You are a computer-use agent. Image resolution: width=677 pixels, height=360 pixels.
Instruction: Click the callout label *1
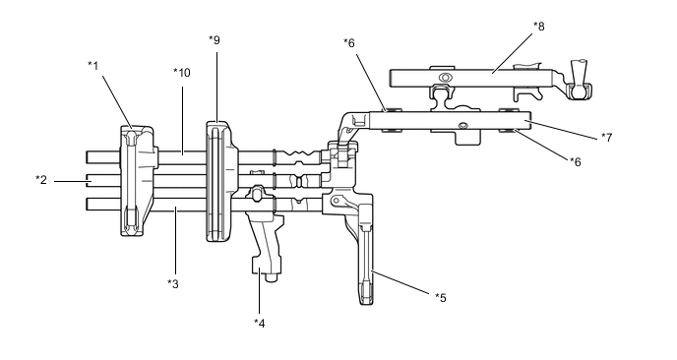(93, 66)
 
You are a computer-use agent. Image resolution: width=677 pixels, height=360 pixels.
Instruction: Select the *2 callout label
(41, 180)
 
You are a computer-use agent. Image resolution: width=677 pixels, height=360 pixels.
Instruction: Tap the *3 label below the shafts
(173, 284)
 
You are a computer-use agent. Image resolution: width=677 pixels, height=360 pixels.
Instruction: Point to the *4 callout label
(259, 323)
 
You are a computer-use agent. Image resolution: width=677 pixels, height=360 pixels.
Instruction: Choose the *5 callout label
(441, 297)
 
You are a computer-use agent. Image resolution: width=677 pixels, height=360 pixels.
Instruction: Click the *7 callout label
(606, 138)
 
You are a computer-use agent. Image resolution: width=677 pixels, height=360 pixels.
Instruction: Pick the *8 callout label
(539, 27)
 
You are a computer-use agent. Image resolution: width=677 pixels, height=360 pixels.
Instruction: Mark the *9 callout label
(215, 40)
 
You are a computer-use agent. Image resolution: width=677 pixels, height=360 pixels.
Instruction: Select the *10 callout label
(182, 73)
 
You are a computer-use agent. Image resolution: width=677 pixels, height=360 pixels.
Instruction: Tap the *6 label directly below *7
(575, 162)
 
